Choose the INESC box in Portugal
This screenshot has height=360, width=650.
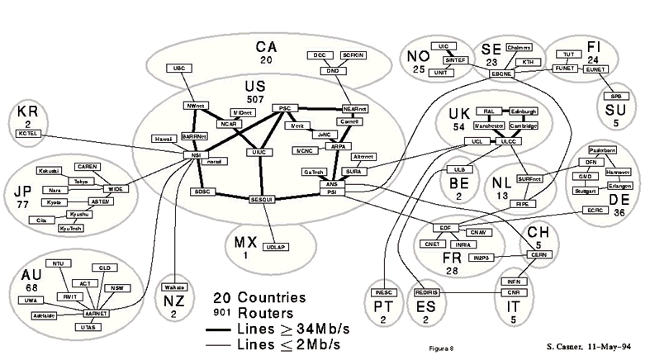[387, 293]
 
